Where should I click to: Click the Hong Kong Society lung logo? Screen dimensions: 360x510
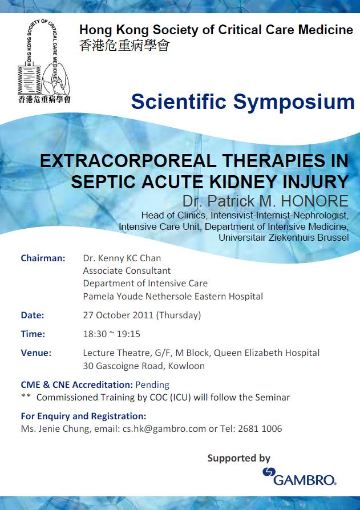coord(44,61)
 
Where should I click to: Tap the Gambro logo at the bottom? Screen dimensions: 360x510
coord(299,476)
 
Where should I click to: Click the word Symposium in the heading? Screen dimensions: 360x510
coord(294,102)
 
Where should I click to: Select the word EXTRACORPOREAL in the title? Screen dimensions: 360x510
coord(128,161)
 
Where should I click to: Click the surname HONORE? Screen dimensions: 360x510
coord(314,201)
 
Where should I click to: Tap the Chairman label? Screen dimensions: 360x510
coord(43,258)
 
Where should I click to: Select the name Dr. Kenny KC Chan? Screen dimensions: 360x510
coord(122,258)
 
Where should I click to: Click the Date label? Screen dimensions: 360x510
coord(32,315)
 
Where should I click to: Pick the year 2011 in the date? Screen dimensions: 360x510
coord(142,315)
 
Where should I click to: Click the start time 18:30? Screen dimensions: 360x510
coord(95,334)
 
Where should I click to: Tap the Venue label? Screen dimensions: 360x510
coord(36,353)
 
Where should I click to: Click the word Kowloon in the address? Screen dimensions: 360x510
coord(187,366)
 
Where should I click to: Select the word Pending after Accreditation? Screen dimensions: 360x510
coord(152,385)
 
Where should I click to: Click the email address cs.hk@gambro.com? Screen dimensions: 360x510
coord(164,428)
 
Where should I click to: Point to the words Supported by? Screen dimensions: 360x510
coord(239,458)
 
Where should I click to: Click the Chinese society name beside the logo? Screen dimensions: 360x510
coord(124,45)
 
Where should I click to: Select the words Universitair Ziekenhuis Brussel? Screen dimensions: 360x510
coord(284,237)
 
